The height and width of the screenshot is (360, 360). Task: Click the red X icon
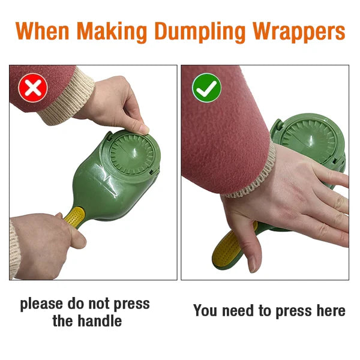tap(33, 89)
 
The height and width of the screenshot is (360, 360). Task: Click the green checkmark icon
tap(206, 89)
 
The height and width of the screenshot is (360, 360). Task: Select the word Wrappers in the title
tap(298, 31)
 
